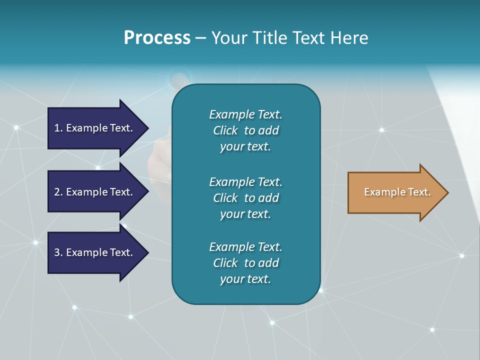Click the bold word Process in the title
pos(157,38)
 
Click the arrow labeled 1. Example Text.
pos(95,128)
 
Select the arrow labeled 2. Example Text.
pos(95,192)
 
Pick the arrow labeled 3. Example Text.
pos(95,252)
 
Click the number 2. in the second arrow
pos(58,192)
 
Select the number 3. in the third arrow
pos(58,252)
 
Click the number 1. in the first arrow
pos(58,128)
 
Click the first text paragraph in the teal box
pos(245,130)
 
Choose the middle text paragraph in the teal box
pos(245,198)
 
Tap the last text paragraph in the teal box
pos(245,263)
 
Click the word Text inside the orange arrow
pos(419,192)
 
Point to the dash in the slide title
pos(200,38)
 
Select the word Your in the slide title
pos(227,38)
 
